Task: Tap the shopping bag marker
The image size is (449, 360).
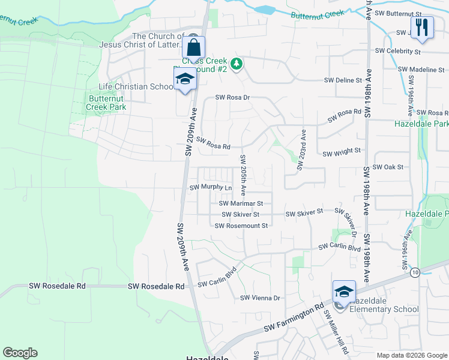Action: (x=194, y=47)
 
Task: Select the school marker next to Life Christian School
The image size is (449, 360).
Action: (x=185, y=79)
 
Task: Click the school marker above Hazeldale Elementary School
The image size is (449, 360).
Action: (x=344, y=292)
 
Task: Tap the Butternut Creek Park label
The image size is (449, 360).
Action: (x=107, y=103)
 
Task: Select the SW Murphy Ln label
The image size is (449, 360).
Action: (x=211, y=187)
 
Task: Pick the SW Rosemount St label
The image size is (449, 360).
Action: (x=241, y=225)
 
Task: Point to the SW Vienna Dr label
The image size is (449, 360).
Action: (x=261, y=298)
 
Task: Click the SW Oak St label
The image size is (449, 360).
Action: (x=388, y=167)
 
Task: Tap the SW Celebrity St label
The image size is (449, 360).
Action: (x=397, y=52)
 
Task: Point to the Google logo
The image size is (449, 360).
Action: (x=20, y=353)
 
